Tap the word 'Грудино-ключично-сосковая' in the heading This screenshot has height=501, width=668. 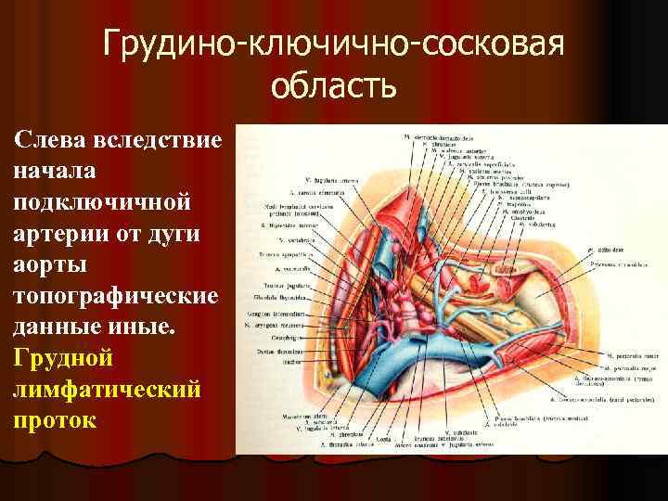coord(334,43)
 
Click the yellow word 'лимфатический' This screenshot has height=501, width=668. coord(107,388)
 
